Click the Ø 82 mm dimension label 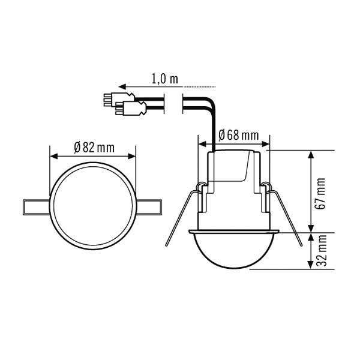[94, 148]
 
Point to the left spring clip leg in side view [180, 216]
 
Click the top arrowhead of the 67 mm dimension [311, 154]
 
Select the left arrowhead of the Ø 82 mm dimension [53, 156]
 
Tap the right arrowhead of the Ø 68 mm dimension [266, 145]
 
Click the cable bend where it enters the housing [211, 114]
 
